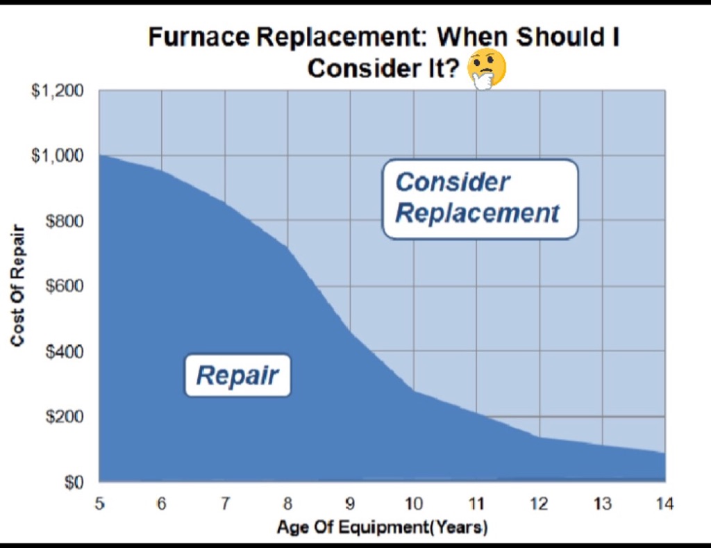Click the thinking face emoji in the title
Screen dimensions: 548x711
coord(487,70)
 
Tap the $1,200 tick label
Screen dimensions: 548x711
coord(58,92)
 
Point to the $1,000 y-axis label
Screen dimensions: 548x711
coord(58,156)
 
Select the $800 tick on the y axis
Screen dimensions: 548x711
coord(64,222)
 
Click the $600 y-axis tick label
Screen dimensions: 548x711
coord(64,286)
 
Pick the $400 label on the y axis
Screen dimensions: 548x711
coord(64,351)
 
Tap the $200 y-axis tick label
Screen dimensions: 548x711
coord(64,417)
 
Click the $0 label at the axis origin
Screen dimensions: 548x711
coord(73,482)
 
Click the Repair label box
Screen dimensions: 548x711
coord(237,376)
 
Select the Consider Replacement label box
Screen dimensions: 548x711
coord(479,199)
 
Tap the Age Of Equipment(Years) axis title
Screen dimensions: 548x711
coord(382,528)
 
